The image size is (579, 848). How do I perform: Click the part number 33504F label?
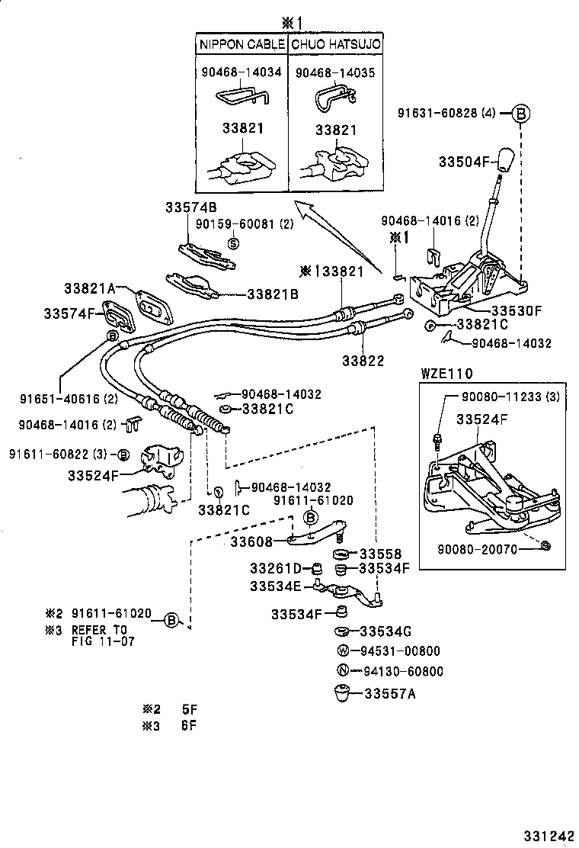coord(464,162)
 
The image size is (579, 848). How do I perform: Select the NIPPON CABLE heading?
coord(242,45)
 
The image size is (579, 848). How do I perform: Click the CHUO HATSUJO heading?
coord(335,45)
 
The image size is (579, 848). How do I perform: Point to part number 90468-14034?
coord(242,72)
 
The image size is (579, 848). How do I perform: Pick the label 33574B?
coord(191,207)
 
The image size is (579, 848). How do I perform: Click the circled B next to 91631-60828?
coord(520,113)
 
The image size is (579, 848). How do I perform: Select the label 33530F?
coord(515,310)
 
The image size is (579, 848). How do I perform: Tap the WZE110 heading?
coord(446,373)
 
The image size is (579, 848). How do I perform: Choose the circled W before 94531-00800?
coord(343,650)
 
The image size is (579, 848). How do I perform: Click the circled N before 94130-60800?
coord(343,671)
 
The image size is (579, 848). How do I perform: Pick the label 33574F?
coord(73,313)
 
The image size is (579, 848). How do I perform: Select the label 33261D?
coord(276,568)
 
